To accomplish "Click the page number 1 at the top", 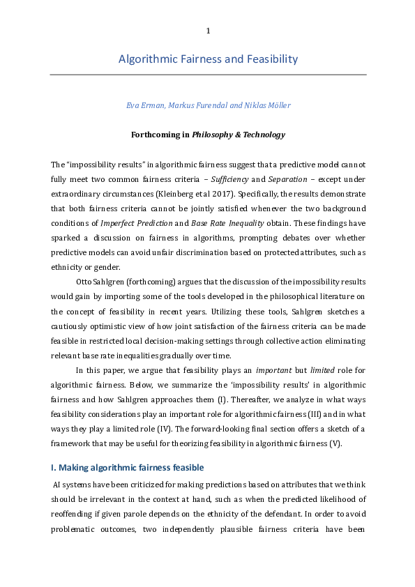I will point(208,31).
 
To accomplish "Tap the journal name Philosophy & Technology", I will point(241,135).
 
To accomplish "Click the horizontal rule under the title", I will point(208,75).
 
